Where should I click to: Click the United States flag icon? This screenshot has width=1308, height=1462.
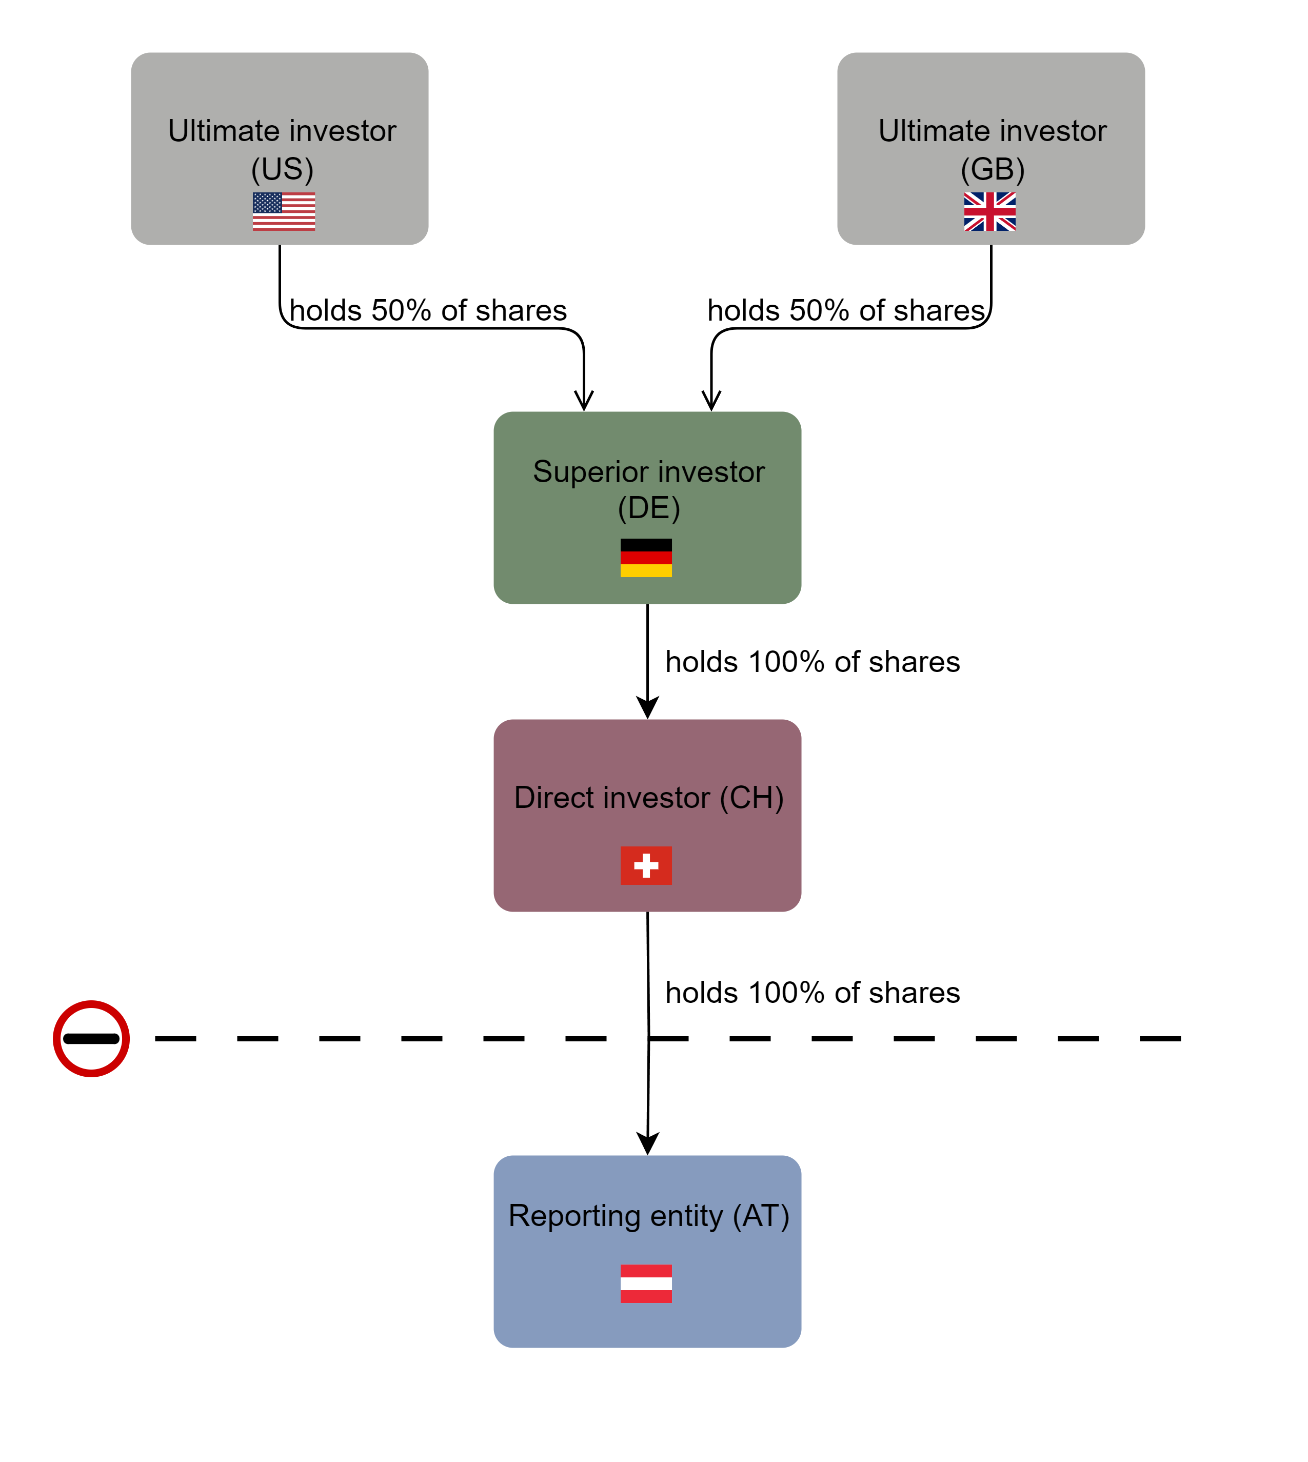[x=284, y=211]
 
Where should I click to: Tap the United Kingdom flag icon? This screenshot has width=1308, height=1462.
[x=989, y=211]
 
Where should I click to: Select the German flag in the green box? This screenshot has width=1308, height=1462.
[x=646, y=558]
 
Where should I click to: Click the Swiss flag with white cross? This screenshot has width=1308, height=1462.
[x=646, y=865]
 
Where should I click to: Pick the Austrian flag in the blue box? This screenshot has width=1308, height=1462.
[x=646, y=1284]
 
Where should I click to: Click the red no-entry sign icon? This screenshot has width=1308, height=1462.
[x=91, y=1039]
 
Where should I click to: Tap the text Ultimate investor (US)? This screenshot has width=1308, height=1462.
[x=282, y=149]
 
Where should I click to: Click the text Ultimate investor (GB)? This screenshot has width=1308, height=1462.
[x=992, y=149]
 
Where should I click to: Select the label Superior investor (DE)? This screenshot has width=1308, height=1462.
[x=648, y=489]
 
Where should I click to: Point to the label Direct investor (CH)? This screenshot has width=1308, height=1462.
[x=648, y=798]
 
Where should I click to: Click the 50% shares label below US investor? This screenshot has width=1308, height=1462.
[x=428, y=310]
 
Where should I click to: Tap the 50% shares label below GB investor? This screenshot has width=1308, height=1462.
[x=845, y=310]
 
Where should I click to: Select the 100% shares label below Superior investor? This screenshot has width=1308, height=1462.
[x=812, y=662]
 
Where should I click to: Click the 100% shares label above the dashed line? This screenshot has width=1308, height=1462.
[x=812, y=993]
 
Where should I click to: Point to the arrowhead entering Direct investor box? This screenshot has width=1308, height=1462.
[x=647, y=707]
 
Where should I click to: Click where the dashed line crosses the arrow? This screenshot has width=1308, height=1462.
[x=649, y=1039]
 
